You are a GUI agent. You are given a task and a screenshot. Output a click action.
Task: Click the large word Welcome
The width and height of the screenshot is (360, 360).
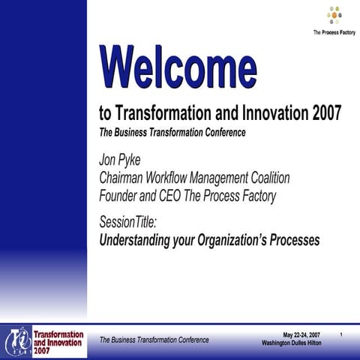coord(178,67)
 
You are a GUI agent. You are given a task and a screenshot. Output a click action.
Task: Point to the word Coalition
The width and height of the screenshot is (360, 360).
coord(263,178)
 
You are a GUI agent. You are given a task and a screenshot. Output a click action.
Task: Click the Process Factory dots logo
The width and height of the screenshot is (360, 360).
coord(334,16)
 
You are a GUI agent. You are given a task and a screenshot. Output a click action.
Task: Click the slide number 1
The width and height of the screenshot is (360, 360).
coord(341,334)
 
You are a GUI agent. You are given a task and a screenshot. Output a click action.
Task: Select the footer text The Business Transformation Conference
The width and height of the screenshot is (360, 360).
coord(154,340)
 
